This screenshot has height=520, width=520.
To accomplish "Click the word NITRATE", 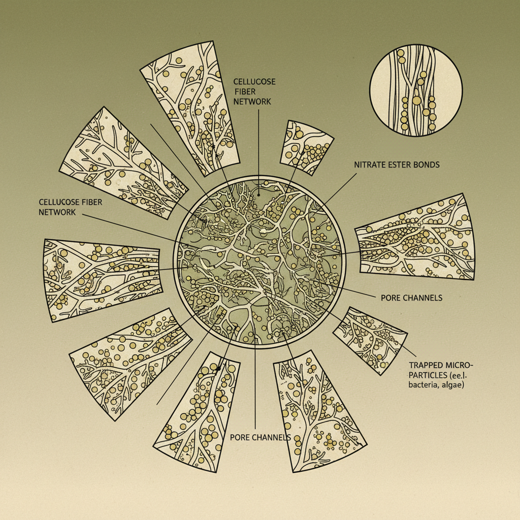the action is click(x=368, y=165).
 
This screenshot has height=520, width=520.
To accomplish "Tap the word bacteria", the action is click(x=424, y=385).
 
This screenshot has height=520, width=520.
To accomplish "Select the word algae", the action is click(x=452, y=386).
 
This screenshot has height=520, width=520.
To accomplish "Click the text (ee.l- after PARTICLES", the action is click(x=459, y=375).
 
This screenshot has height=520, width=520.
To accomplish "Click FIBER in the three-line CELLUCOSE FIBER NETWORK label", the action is click(x=245, y=91).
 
